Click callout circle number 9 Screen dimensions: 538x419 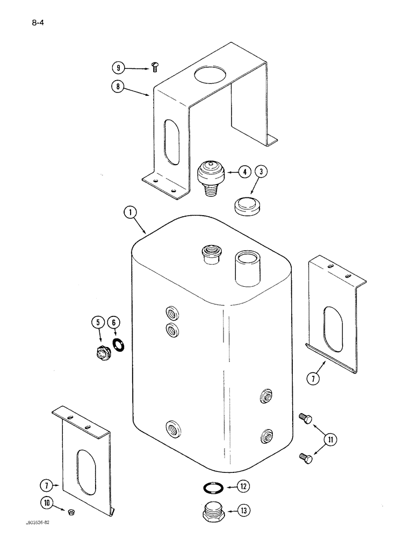117,68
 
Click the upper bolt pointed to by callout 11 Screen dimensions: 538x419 305,417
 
